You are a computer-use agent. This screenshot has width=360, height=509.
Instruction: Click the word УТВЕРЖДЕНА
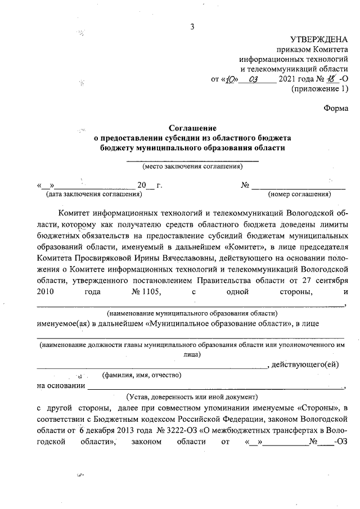319,39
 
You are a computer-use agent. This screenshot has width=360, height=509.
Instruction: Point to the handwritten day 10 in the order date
231,79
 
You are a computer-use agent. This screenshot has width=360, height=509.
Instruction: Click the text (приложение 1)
319,89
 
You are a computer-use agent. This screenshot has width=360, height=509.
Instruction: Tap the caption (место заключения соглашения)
192,166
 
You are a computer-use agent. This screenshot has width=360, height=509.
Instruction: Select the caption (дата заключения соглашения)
90,195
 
